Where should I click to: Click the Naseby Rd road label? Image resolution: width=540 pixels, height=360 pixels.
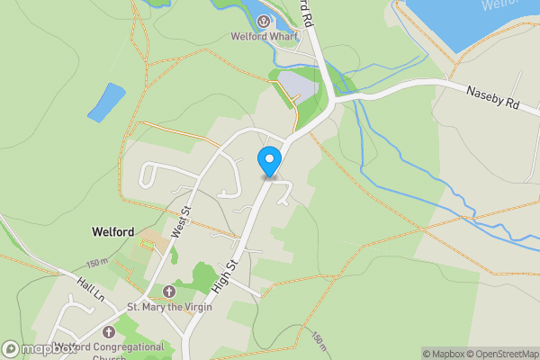coord(492,97)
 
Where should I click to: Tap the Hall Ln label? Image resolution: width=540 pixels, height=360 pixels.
coord(92,288)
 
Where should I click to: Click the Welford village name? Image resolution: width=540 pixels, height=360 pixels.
coord(112,232)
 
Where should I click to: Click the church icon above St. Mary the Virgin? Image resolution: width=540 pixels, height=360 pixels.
coord(170,290)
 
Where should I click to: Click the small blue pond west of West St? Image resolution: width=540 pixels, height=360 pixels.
coord(106,102)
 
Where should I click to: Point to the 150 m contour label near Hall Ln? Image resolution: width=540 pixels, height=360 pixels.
coord(96,263)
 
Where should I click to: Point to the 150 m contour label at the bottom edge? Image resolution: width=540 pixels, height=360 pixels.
coord(319,341)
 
